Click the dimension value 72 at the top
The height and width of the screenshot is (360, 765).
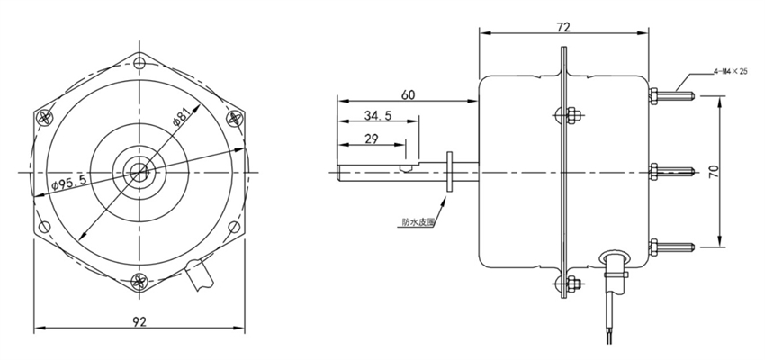(563, 28)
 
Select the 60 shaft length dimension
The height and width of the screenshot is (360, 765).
(408, 94)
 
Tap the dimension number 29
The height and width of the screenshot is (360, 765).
(371, 139)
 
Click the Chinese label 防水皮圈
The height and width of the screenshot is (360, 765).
(418, 220)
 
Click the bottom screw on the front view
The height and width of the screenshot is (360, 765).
(139, 280)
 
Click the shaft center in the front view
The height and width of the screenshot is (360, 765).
(139, 170)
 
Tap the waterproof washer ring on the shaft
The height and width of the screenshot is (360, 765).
(447, 171)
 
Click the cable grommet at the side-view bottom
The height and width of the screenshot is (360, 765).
(614, 262)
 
